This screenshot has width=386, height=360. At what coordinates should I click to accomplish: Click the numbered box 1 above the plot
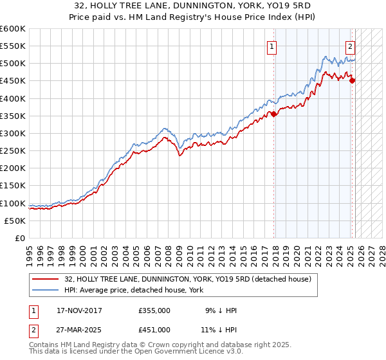point(272,46)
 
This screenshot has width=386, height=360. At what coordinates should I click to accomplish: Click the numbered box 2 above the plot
point(350,46)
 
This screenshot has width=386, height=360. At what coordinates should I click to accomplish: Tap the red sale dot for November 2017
point(274,114)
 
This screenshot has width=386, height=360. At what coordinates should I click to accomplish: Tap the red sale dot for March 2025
point(352,80)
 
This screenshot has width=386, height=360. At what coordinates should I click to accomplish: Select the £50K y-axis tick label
point(15,221)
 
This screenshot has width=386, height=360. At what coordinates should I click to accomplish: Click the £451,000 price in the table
point(154,329)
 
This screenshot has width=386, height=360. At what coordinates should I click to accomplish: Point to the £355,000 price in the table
point(154,310)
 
